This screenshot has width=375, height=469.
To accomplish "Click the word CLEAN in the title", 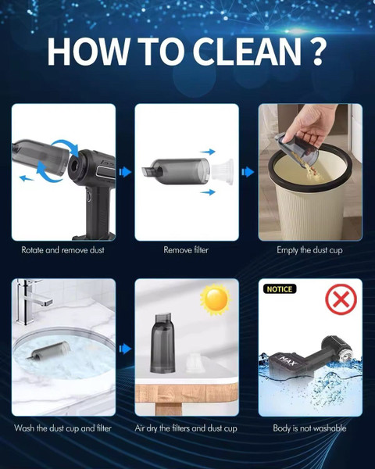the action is click(x=246, y=52).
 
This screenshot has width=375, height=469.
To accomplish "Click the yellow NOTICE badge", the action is click(x=280, y=289).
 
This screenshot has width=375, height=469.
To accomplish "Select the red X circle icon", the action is click(x=341, y=299).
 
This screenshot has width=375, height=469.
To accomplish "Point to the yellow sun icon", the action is click(x=215, y=299).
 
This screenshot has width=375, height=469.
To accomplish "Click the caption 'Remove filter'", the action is click(x=186, y=250).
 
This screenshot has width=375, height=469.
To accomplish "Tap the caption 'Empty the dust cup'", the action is click(x=309, y=250).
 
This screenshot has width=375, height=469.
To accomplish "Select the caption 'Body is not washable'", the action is click(x=309, y=428).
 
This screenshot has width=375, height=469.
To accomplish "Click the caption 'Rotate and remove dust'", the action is click(x=62, y=250).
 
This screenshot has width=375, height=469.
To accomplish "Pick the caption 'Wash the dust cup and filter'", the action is click(x=62, y=428).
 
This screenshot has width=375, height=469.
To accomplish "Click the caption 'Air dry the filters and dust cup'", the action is click(x=186, y=428).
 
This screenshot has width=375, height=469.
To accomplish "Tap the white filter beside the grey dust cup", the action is click(x=222, y=172).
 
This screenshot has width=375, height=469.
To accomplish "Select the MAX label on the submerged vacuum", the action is click(x=288, y=360).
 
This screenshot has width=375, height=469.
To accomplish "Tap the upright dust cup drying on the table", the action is click(x=162, y=343).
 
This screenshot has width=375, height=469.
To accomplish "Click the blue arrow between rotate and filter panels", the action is click(x=125, y=172).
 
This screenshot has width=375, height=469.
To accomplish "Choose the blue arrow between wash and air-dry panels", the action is click(x=125, y=349).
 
